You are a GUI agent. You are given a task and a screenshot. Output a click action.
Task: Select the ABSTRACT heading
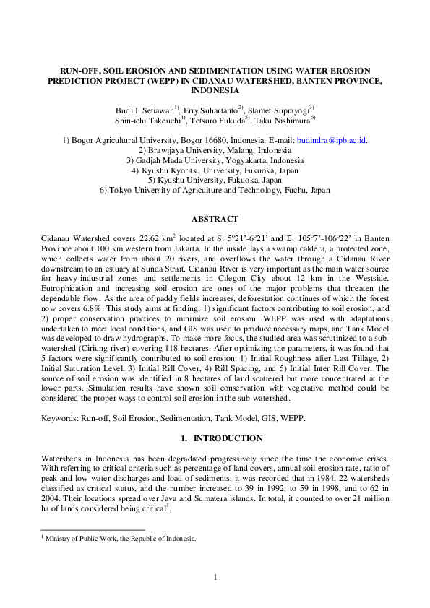pos(215,218)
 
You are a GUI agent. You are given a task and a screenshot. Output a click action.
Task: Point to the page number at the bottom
pos(215,576)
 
